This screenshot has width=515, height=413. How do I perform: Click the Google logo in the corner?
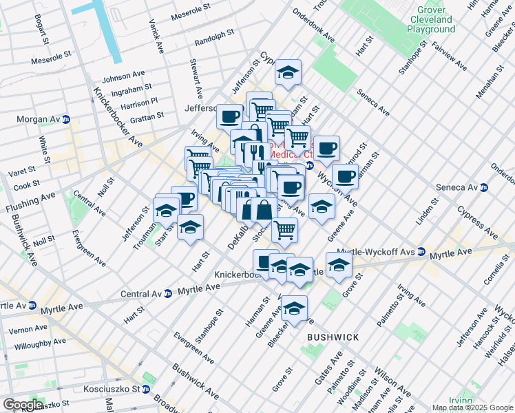pos(22,405)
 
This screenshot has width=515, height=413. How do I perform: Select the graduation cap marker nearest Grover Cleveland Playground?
pos(287,73)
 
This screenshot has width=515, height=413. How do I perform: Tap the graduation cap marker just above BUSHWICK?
pos(294,308)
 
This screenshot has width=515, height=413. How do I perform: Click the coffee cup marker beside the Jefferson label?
pos(229,116)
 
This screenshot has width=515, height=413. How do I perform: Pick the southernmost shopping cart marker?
pos(284,231)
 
